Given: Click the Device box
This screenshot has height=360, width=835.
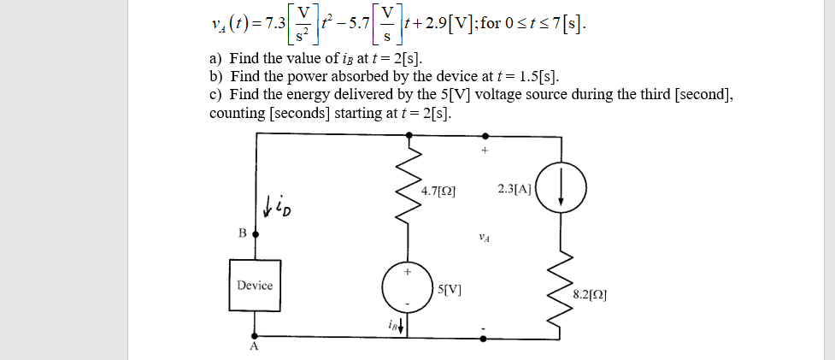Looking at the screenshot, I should pyautogui.click(x=255, y=285).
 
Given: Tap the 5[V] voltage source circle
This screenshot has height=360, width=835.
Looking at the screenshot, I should pyautogui.click(x=408, y=288).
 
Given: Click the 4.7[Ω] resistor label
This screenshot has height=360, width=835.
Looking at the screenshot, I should pyautogui.click(x=438, y=192).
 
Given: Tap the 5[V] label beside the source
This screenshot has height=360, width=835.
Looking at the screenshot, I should pyautogui.click(x=450, y=288).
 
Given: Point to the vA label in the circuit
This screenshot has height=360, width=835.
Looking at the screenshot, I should pyautogui.click(x=485, y=239).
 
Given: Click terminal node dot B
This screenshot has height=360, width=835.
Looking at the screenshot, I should pyautogui.click(x=254, y=233).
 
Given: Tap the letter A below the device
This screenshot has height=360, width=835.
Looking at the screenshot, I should pyautogui.click(x=253, y=348).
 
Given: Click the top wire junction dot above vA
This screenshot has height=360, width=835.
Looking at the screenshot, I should pyautogui.click(x=485, y=134).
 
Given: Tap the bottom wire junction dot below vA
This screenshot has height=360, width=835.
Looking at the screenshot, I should pyautogui.click(x=485, y=338).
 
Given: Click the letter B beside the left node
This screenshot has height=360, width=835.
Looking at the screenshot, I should pyautogui.click(x=242, y=233).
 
